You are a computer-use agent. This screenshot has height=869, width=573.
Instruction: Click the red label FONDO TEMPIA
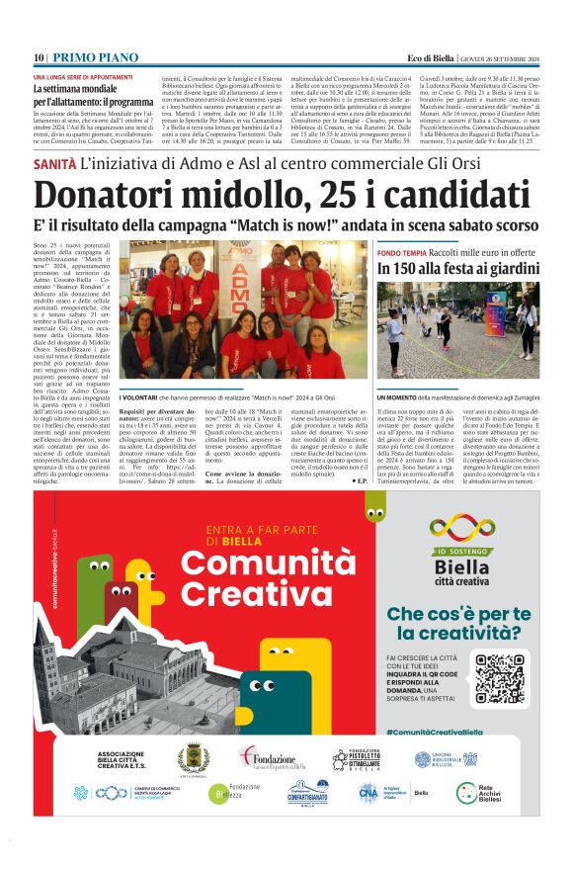click(401, 253)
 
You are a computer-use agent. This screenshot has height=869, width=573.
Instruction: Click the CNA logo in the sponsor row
click(370, 792)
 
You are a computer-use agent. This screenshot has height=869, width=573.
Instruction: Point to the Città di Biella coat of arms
click(193, 760)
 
